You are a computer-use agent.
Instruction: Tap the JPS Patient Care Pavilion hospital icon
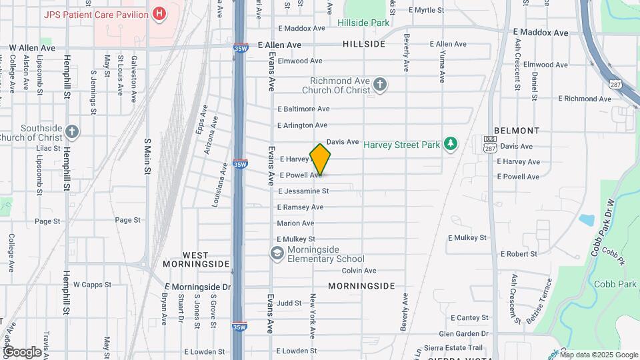pos(159,13)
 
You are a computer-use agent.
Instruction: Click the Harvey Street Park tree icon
pos(451,144)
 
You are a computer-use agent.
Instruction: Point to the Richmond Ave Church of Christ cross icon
pos(380,84)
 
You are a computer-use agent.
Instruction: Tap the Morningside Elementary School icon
pos(277,253)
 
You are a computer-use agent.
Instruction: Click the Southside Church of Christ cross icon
pos(72,132)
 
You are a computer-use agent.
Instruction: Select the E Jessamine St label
pos(303,191)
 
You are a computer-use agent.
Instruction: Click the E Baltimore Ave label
pos(303,109)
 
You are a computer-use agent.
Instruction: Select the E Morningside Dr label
pos(197,287)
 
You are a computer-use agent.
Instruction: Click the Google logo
pos(22,351)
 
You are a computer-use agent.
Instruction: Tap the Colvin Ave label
pos(359,271)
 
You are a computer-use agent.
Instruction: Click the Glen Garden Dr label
pos(464,334)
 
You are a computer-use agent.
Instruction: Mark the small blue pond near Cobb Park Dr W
pos(587,220)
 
